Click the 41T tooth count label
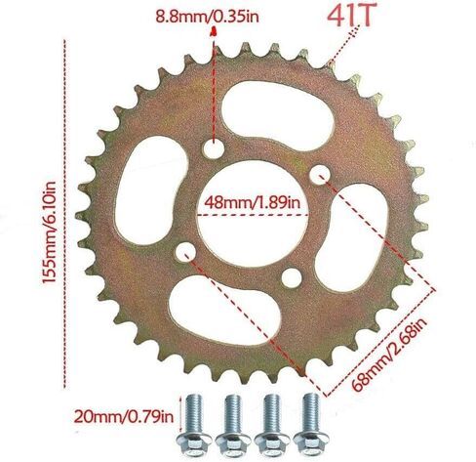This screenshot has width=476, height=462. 349,16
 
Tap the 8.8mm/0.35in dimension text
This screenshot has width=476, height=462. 207,17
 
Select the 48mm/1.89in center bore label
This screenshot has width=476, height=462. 253,203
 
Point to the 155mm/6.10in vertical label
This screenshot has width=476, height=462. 50,232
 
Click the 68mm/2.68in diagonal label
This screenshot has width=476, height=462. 389,356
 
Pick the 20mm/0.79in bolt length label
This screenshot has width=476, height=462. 124,416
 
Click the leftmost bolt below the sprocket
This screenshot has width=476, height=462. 193,426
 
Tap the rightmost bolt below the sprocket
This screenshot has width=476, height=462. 311,426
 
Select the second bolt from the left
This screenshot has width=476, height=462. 233,426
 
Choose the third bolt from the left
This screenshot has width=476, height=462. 272,426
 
